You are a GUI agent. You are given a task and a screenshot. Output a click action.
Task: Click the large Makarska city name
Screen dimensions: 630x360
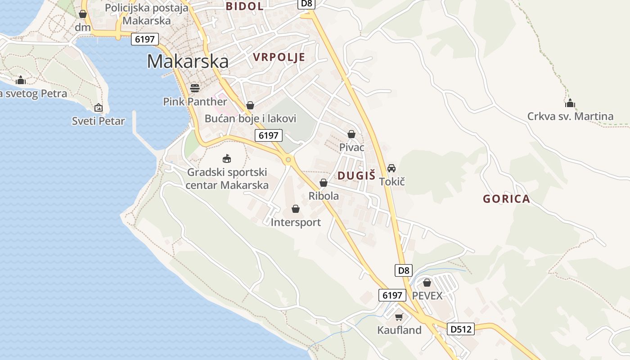(x=188, y=61)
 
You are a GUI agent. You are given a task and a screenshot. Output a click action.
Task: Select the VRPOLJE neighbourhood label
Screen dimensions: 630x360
(x=279, y=57)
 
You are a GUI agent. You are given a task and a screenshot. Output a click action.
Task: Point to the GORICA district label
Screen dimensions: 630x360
(x=506, y=199)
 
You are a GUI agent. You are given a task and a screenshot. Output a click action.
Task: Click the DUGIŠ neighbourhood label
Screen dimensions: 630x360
(x=356, y=175)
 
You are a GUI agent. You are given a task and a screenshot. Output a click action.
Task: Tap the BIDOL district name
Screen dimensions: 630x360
(x=244, y=6)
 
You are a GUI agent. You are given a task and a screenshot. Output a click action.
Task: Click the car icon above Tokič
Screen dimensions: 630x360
(x=391, y=168)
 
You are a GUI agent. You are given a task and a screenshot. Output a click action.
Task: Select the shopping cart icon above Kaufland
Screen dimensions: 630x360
(x=399, y=317)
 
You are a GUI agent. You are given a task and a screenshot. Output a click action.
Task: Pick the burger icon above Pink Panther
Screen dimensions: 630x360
(x=195, y=87)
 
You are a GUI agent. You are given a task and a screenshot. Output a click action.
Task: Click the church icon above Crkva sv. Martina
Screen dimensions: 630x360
(x=570, y=103)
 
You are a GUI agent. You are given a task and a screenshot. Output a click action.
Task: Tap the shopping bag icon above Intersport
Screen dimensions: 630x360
(x=296, y=209)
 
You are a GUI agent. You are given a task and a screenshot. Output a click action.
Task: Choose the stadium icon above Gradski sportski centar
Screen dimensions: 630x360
(x=227, y=158)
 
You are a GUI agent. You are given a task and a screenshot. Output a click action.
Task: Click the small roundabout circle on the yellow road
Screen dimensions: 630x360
(x=288, y=159)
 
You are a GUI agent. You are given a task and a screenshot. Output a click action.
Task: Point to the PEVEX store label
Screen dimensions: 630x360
(x=427, y=296)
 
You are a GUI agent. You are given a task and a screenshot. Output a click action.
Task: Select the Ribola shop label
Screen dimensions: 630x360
(x=324, y=196)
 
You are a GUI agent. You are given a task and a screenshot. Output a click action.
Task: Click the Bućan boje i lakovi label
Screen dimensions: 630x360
(x=250, y=119)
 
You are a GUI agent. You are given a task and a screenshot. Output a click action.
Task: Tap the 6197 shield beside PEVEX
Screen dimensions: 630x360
(x=391, y=295)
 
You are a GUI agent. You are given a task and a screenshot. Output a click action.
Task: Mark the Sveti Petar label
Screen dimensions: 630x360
(x=99, y=121)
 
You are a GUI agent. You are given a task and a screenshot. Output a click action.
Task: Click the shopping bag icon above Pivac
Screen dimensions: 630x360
(x=351, y=134)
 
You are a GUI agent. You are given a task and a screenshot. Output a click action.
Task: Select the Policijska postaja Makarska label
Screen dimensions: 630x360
(x=147, y=14)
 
